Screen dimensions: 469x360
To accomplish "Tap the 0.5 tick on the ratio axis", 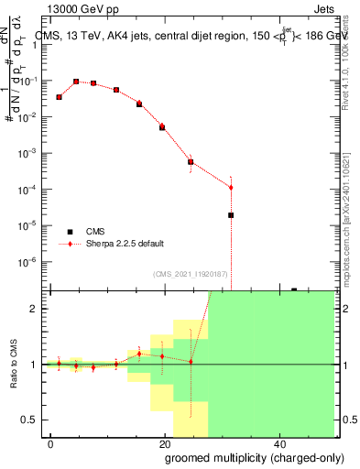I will pyautogui.click(x=34, y=420).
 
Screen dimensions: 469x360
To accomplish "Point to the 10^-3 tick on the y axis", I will pyautogui.click(x=32, y=153).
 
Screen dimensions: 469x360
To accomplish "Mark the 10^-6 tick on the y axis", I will pyautogui.click(x=32, y=261).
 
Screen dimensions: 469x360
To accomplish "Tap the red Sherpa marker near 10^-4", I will pyautogui.click(x=231, y=187).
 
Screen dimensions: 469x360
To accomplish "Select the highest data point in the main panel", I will pyautogui.click(x=76, y=82).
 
